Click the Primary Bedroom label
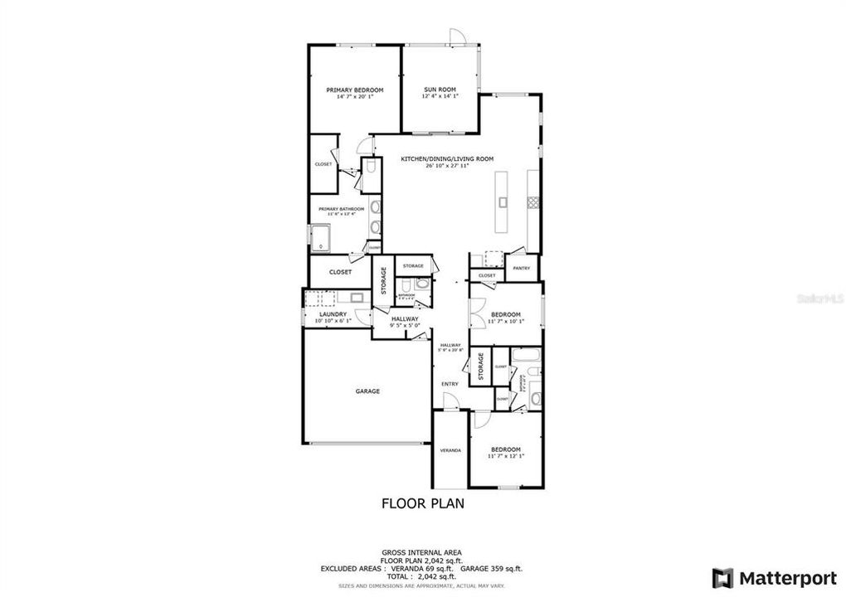tap(354, 90)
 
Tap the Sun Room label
tap(439, 90)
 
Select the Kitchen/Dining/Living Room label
tap(435, 158)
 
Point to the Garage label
tap(367, 391)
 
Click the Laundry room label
tap(333, 314)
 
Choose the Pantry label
tap(521, 269)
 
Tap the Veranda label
tap(450, 450)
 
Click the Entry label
tap(450, 384)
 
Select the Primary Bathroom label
tap(337, 209)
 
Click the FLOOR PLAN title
tap(422, 502)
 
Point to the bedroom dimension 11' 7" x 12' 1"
tap(505, 456)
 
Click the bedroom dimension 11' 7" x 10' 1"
tap(505, 322)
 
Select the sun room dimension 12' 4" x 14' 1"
tap(439, 97)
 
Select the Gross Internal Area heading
tap(421, 552)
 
